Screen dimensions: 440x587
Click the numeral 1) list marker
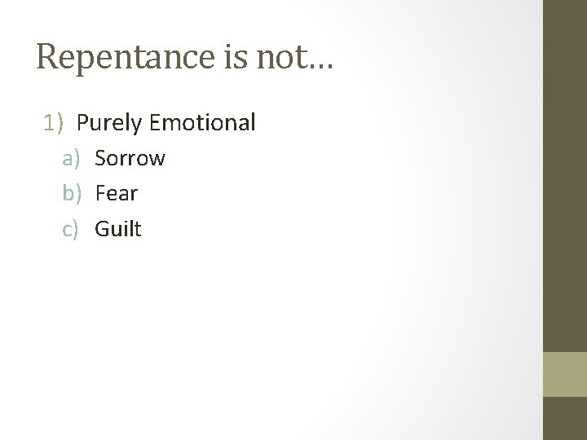(54, 123)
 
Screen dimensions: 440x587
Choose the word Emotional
(203, 123)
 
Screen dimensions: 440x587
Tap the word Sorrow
(130, 158)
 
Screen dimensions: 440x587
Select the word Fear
(117, 194)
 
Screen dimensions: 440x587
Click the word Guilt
(118, 229)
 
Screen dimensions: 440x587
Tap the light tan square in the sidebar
(565, 374)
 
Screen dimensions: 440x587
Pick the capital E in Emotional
(157, 123)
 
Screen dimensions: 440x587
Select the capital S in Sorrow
(101, 158)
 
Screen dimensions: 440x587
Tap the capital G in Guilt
(102, 229)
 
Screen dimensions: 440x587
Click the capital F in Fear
(100, 194)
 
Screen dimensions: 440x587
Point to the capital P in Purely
(82, 123)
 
